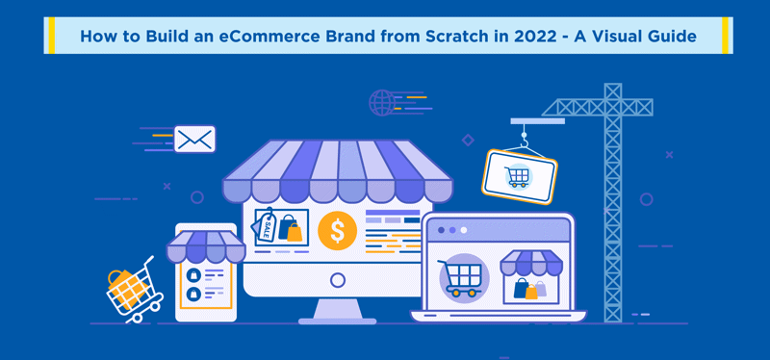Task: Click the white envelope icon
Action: tap(195, 139)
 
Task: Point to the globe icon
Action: tap(381, 102)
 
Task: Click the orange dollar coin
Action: tap(338, 230)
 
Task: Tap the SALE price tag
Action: tap(263, 225)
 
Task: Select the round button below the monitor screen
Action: tap(338, 280)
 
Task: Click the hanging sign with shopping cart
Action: tap(519, 177)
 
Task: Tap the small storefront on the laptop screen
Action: tap(531, 276)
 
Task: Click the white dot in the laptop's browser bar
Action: tap(464, 230)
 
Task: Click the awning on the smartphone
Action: tap(206, 246)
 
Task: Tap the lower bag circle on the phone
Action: tap(194, 294)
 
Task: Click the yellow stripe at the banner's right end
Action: tap(725, 36)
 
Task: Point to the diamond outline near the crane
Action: tap(468, 141)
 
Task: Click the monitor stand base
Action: tap(338, 321)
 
